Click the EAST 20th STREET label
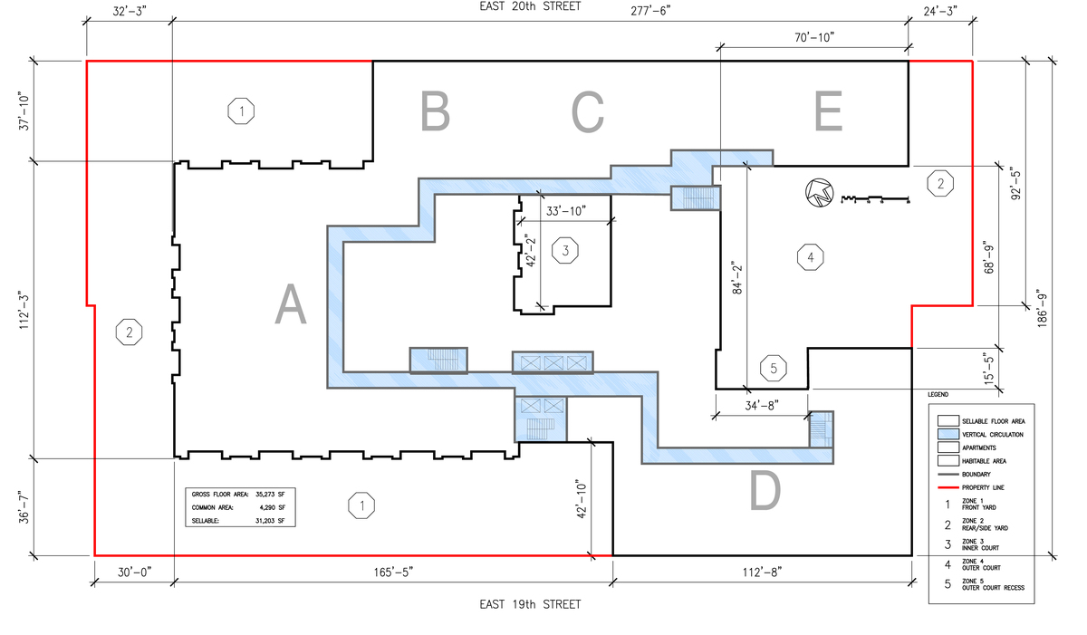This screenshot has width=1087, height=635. click(x=530, y=6)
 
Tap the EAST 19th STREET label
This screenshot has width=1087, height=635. click(x=530, y=604)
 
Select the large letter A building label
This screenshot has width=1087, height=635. click(x=291, y=304)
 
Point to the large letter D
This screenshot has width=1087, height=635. click(x=765, y=491)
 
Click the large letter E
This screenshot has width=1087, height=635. click(x=828, y=111)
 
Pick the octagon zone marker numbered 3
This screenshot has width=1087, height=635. click(x=565, y=251)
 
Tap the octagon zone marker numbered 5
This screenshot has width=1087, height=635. click(x=773, y=368)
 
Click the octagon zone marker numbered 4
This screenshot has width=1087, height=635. click(x=811, y=257)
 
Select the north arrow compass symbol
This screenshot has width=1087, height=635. click(x=820, y=193)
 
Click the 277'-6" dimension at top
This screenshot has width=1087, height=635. click(x=650, y=11)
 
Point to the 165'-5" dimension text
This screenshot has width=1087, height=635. click(x=393, y=572)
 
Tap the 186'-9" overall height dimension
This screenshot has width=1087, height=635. click(x=1043, y=311)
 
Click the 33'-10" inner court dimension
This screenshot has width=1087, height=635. click(x=566, y=211)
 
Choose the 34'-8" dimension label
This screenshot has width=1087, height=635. click(x=762, y=406)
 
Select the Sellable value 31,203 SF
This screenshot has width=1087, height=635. click(x=270, y=521)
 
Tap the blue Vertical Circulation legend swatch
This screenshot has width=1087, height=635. click(x=948, y=434)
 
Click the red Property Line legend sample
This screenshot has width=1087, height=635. click(x=948, y=487)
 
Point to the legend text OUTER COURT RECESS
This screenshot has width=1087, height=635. click(x=993, y=588)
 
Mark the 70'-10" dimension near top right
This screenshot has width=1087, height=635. click(x=814, y=37)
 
